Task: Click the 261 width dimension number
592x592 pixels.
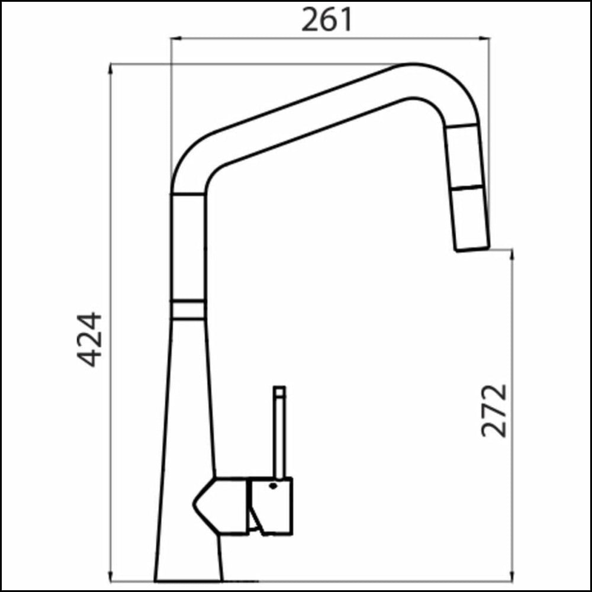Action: coord(327,21)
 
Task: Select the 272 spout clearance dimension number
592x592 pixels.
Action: coord(494,410)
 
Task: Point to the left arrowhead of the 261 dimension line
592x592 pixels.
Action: coord(175,38)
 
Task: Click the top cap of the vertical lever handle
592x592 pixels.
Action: coord(279,391)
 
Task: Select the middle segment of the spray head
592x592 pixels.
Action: coord(466,158)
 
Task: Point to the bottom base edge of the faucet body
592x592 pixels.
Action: coord(188,580)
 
